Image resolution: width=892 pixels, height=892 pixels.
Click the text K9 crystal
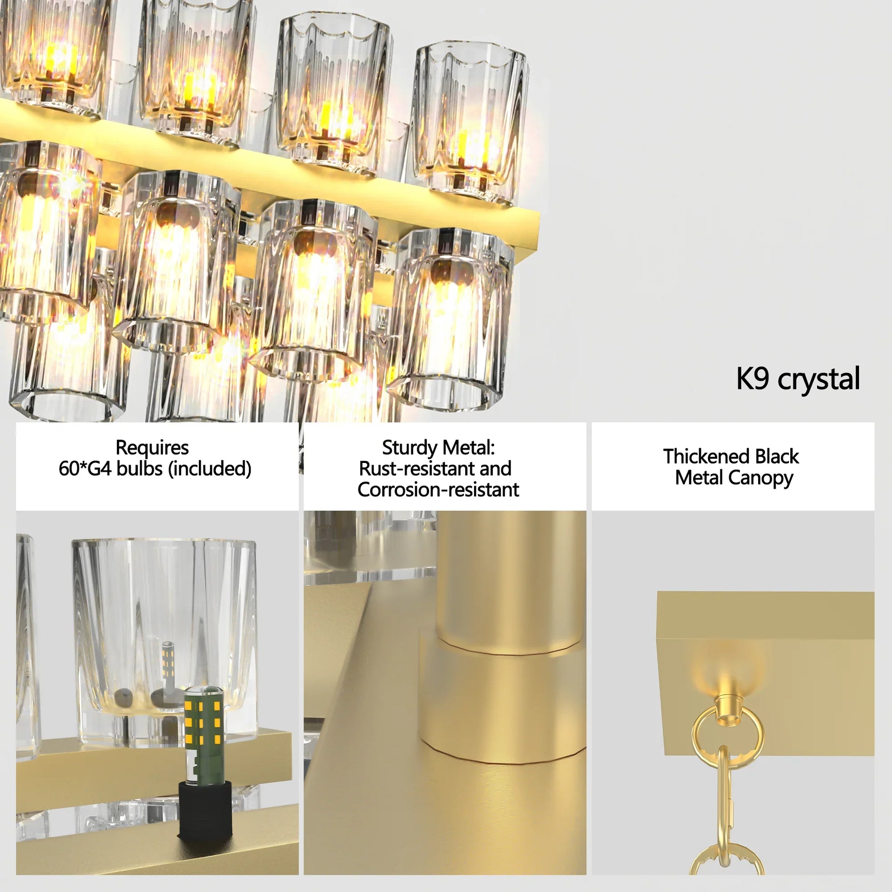coord(798,379)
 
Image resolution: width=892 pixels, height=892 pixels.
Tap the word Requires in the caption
coord(152,447)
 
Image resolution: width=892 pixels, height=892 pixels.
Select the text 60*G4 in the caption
coord(85,468)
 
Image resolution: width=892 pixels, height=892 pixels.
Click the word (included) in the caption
coord(209,468)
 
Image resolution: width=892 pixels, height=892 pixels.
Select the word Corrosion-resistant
coord(438,490)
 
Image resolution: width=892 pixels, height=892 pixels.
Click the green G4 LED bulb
coord(204,734)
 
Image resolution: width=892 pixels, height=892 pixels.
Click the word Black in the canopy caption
coord(776,457)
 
